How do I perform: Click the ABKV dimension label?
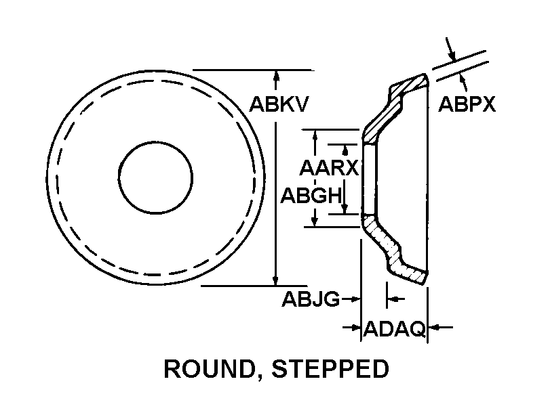279,104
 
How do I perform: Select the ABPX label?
467,104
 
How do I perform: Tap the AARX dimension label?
329,168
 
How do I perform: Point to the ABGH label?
311,195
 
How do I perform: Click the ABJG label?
311,299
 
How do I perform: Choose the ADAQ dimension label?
395,328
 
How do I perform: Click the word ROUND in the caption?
209,369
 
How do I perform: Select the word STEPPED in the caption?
330,369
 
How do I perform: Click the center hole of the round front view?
155,177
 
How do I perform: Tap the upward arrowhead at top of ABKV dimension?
277,75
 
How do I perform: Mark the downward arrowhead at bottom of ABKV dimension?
276,280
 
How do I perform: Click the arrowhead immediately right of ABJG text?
355,299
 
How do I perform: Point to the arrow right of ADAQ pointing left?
440,327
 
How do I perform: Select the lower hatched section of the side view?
394,249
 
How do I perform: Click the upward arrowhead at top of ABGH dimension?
315,135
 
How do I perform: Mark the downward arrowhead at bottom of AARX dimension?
345,209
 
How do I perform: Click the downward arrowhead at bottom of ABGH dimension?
315,221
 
